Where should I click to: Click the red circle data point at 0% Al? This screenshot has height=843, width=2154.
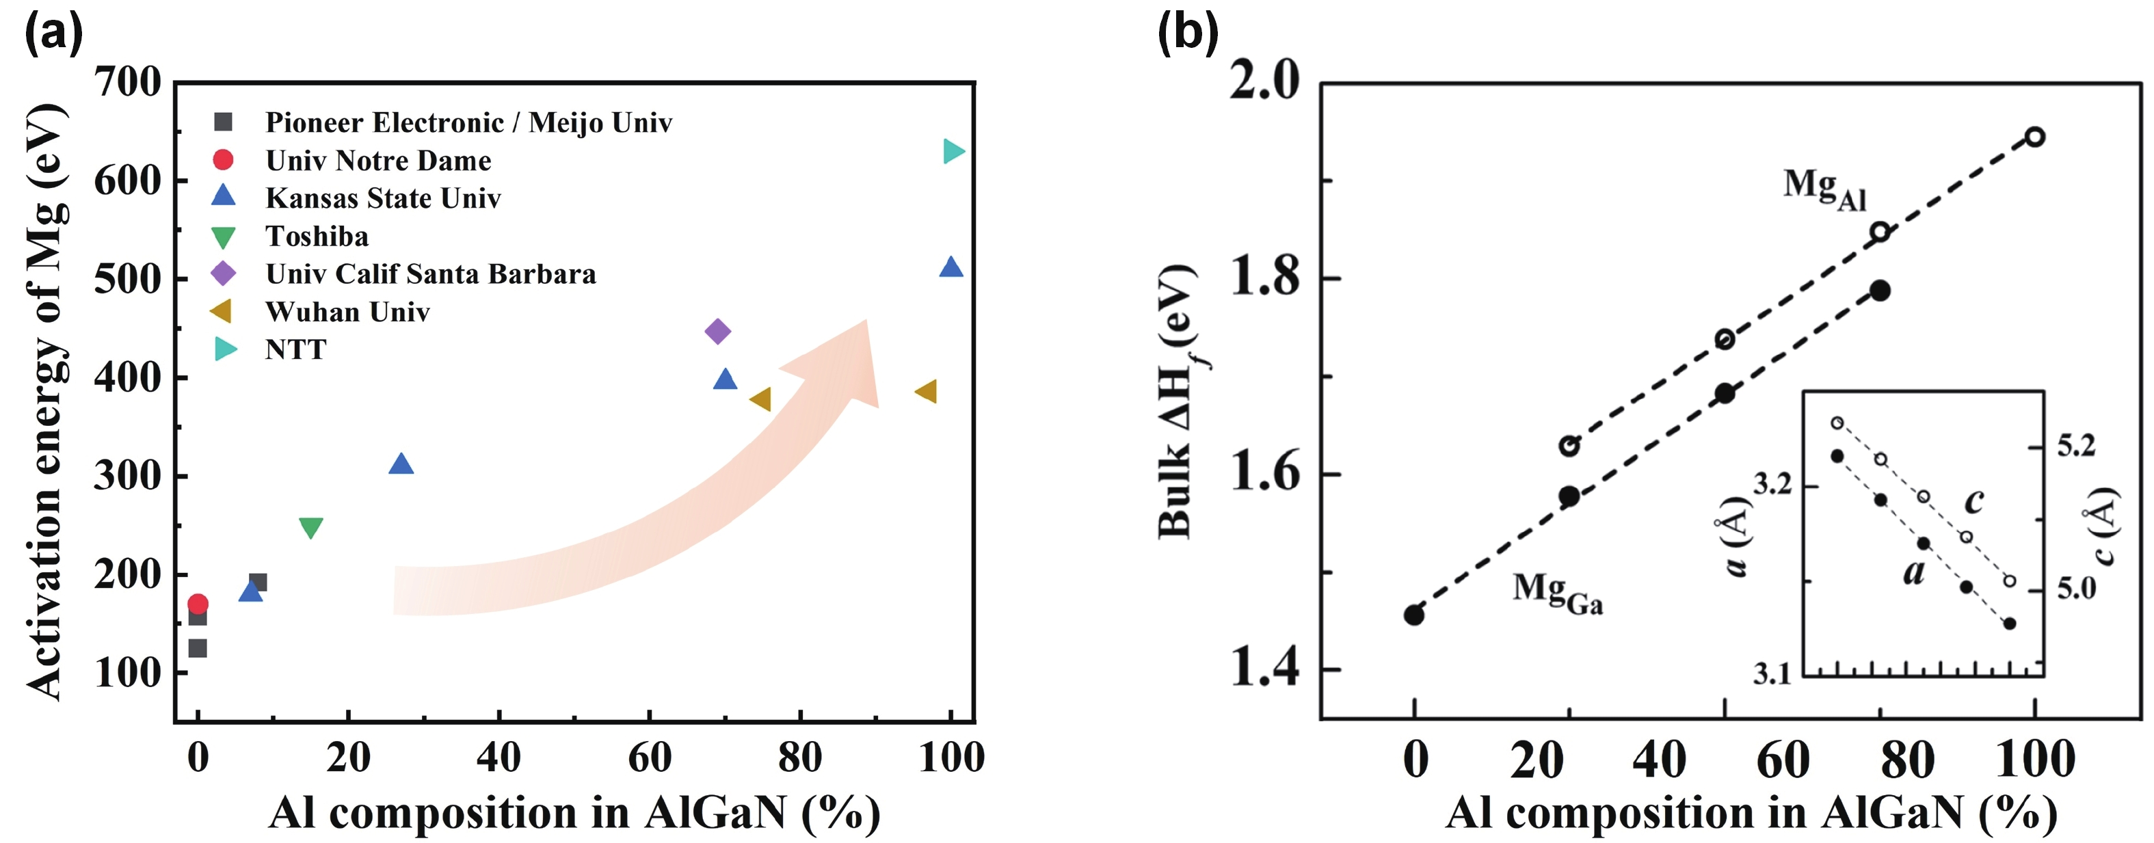(198, 604)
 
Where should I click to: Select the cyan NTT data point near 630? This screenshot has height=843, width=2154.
(953, 151)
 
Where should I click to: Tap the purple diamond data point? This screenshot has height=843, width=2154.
(717, 331)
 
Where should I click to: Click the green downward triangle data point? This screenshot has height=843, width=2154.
(311, 528)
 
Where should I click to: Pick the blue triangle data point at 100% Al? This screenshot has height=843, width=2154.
(950, 267)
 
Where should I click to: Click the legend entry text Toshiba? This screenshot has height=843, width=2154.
(317, 237)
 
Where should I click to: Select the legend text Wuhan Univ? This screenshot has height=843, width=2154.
(347, 312)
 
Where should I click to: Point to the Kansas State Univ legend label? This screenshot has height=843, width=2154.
(383, 198)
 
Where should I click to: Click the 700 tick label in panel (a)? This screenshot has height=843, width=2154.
(127, 83)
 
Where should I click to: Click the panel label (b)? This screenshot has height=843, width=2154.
(1187, 34)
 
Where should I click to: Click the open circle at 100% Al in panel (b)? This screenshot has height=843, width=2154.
(2035, 136)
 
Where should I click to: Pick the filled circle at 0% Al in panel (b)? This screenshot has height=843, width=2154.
(1414, 615)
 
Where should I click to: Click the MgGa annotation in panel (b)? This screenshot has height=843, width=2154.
(1558, 592)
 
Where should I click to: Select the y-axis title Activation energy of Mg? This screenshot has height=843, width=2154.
(46, 401)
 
